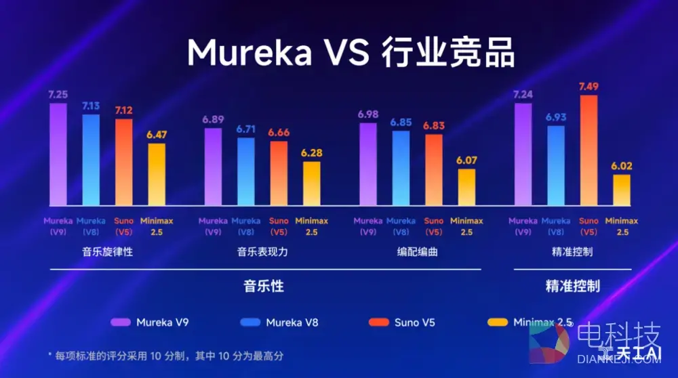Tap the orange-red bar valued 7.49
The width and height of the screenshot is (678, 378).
589,150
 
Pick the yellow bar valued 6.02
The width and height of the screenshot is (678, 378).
622,190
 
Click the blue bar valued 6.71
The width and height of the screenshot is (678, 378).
246,171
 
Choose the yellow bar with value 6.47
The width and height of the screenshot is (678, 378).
157,174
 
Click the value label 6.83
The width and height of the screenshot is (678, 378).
434,126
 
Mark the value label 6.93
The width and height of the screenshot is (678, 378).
556,118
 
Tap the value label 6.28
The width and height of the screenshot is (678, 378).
311,154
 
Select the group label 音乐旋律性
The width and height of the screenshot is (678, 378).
108,252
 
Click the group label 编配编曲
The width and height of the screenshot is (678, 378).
417,252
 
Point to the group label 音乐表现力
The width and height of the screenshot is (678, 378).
262,252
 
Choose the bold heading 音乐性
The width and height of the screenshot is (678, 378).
263,286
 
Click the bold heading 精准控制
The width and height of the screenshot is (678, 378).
572,286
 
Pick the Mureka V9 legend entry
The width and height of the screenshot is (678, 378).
151,322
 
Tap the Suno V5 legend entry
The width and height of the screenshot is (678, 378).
404,322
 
